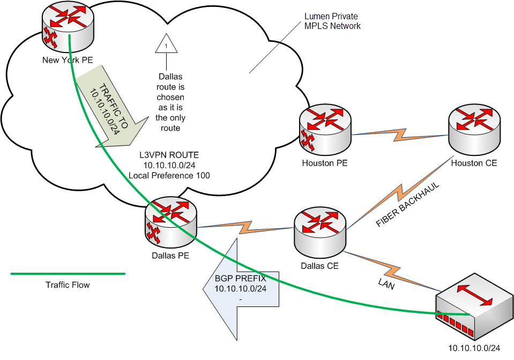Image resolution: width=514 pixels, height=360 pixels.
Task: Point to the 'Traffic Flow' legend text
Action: click(68, 285)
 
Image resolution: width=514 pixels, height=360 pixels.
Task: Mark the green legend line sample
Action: click(68, 274)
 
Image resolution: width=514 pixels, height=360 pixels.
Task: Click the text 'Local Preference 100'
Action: click(169, 175)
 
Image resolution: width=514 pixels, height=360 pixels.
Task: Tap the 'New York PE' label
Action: click(68, 60)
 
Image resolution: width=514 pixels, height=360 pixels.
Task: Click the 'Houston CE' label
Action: click(474, 163)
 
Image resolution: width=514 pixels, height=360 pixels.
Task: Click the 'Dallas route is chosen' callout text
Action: click(170, 102)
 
